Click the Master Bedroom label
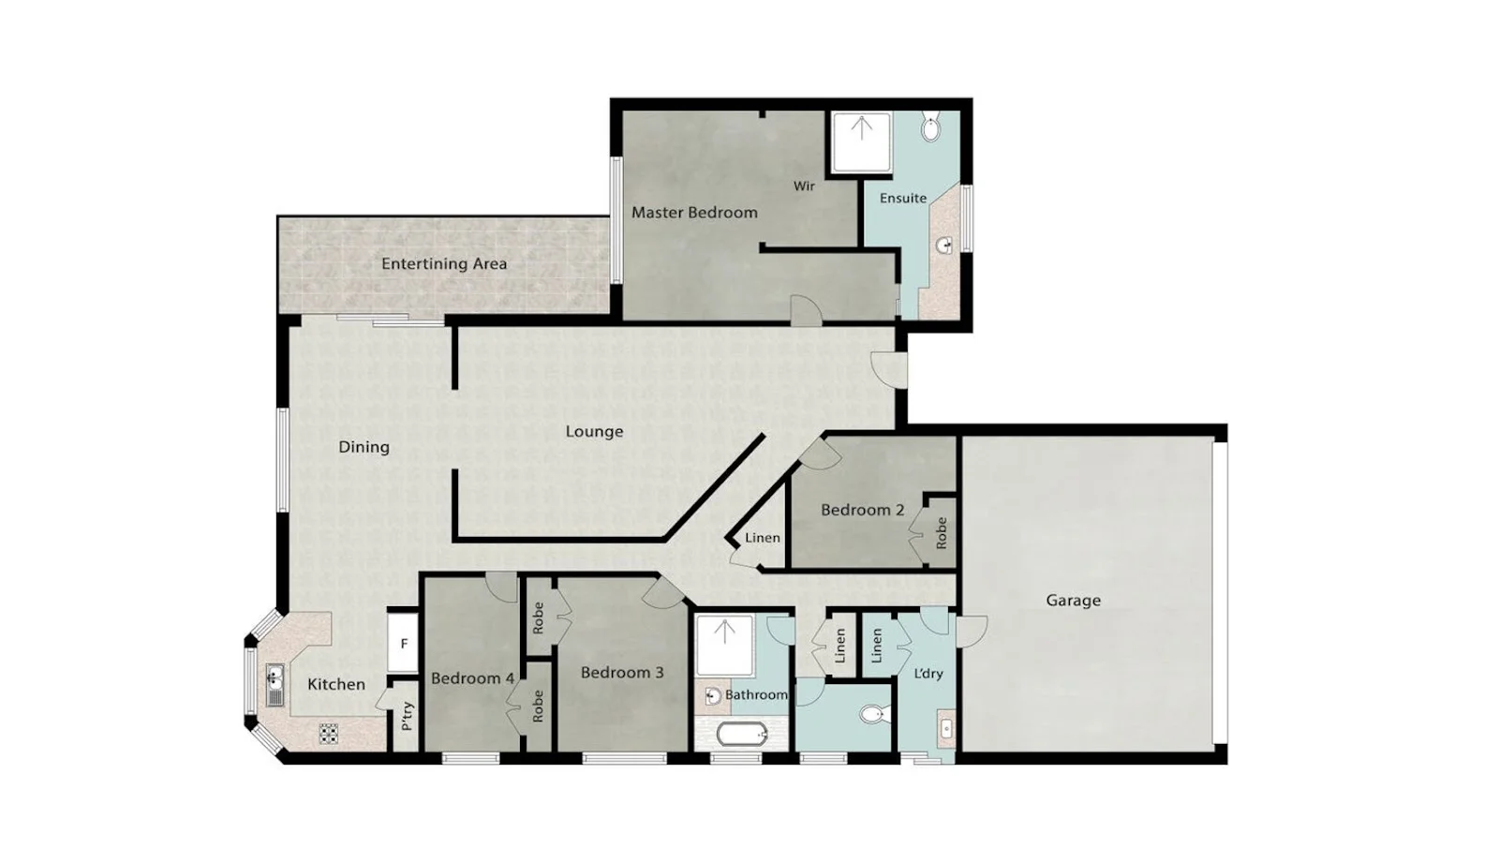click(694, 213)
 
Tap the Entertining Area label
click(443, 264)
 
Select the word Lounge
click(594, 432)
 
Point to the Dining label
click(364, 447)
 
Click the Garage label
click(1073, 601)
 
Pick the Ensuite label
click(903, 199)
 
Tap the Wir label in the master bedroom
click(804, 186)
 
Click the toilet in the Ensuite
click(930, 127)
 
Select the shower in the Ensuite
click(861, 141)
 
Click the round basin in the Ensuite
click(944, 246)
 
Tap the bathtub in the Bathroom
click(742, 734)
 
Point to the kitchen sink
click(275, 685)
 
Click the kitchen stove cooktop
click(328, 733)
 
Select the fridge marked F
click(404, 644)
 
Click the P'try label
click(408, 716)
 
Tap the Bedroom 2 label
click(862, 511)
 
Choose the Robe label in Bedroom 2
click(942, 532)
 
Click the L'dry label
click(928, 674)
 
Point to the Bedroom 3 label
click(622, 673)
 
